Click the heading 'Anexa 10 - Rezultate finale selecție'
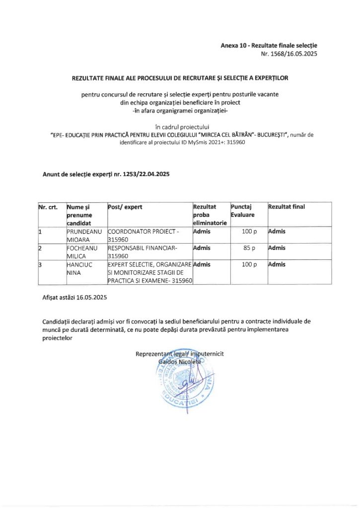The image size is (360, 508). pyautogui.click(x=269, y=46)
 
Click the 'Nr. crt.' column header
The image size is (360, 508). pyautogui.click(x=48, y=206)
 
